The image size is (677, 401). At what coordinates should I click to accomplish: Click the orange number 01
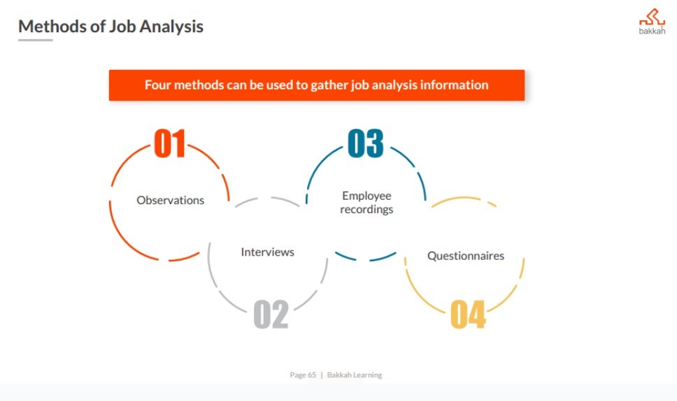pos(170,143)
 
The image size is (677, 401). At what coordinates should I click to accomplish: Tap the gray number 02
pos(271,314)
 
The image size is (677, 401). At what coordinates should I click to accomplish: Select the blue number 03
pos(365,143)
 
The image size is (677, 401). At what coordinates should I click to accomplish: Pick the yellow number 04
pos(468,314)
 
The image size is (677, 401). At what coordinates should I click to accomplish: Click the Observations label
pos(170,200)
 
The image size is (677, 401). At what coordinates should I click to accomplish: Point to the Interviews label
pos(267,251)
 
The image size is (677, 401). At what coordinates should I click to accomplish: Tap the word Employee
pos(366,196)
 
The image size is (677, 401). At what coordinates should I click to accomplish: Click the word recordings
pos(366,210)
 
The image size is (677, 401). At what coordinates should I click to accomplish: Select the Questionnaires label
pos(466,256)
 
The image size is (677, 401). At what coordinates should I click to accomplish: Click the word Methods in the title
pos(52,27)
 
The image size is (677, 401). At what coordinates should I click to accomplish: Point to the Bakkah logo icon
pos(652,17)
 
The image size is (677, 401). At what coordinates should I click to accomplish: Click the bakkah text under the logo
pos(652,31)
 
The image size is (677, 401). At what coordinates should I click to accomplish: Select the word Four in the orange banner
pos(157,85)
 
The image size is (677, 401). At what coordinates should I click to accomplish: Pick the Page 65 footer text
pos(303,375)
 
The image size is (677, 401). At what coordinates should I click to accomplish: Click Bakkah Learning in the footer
pos(355,375)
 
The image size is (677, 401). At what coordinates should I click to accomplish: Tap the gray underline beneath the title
pos(36,40)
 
